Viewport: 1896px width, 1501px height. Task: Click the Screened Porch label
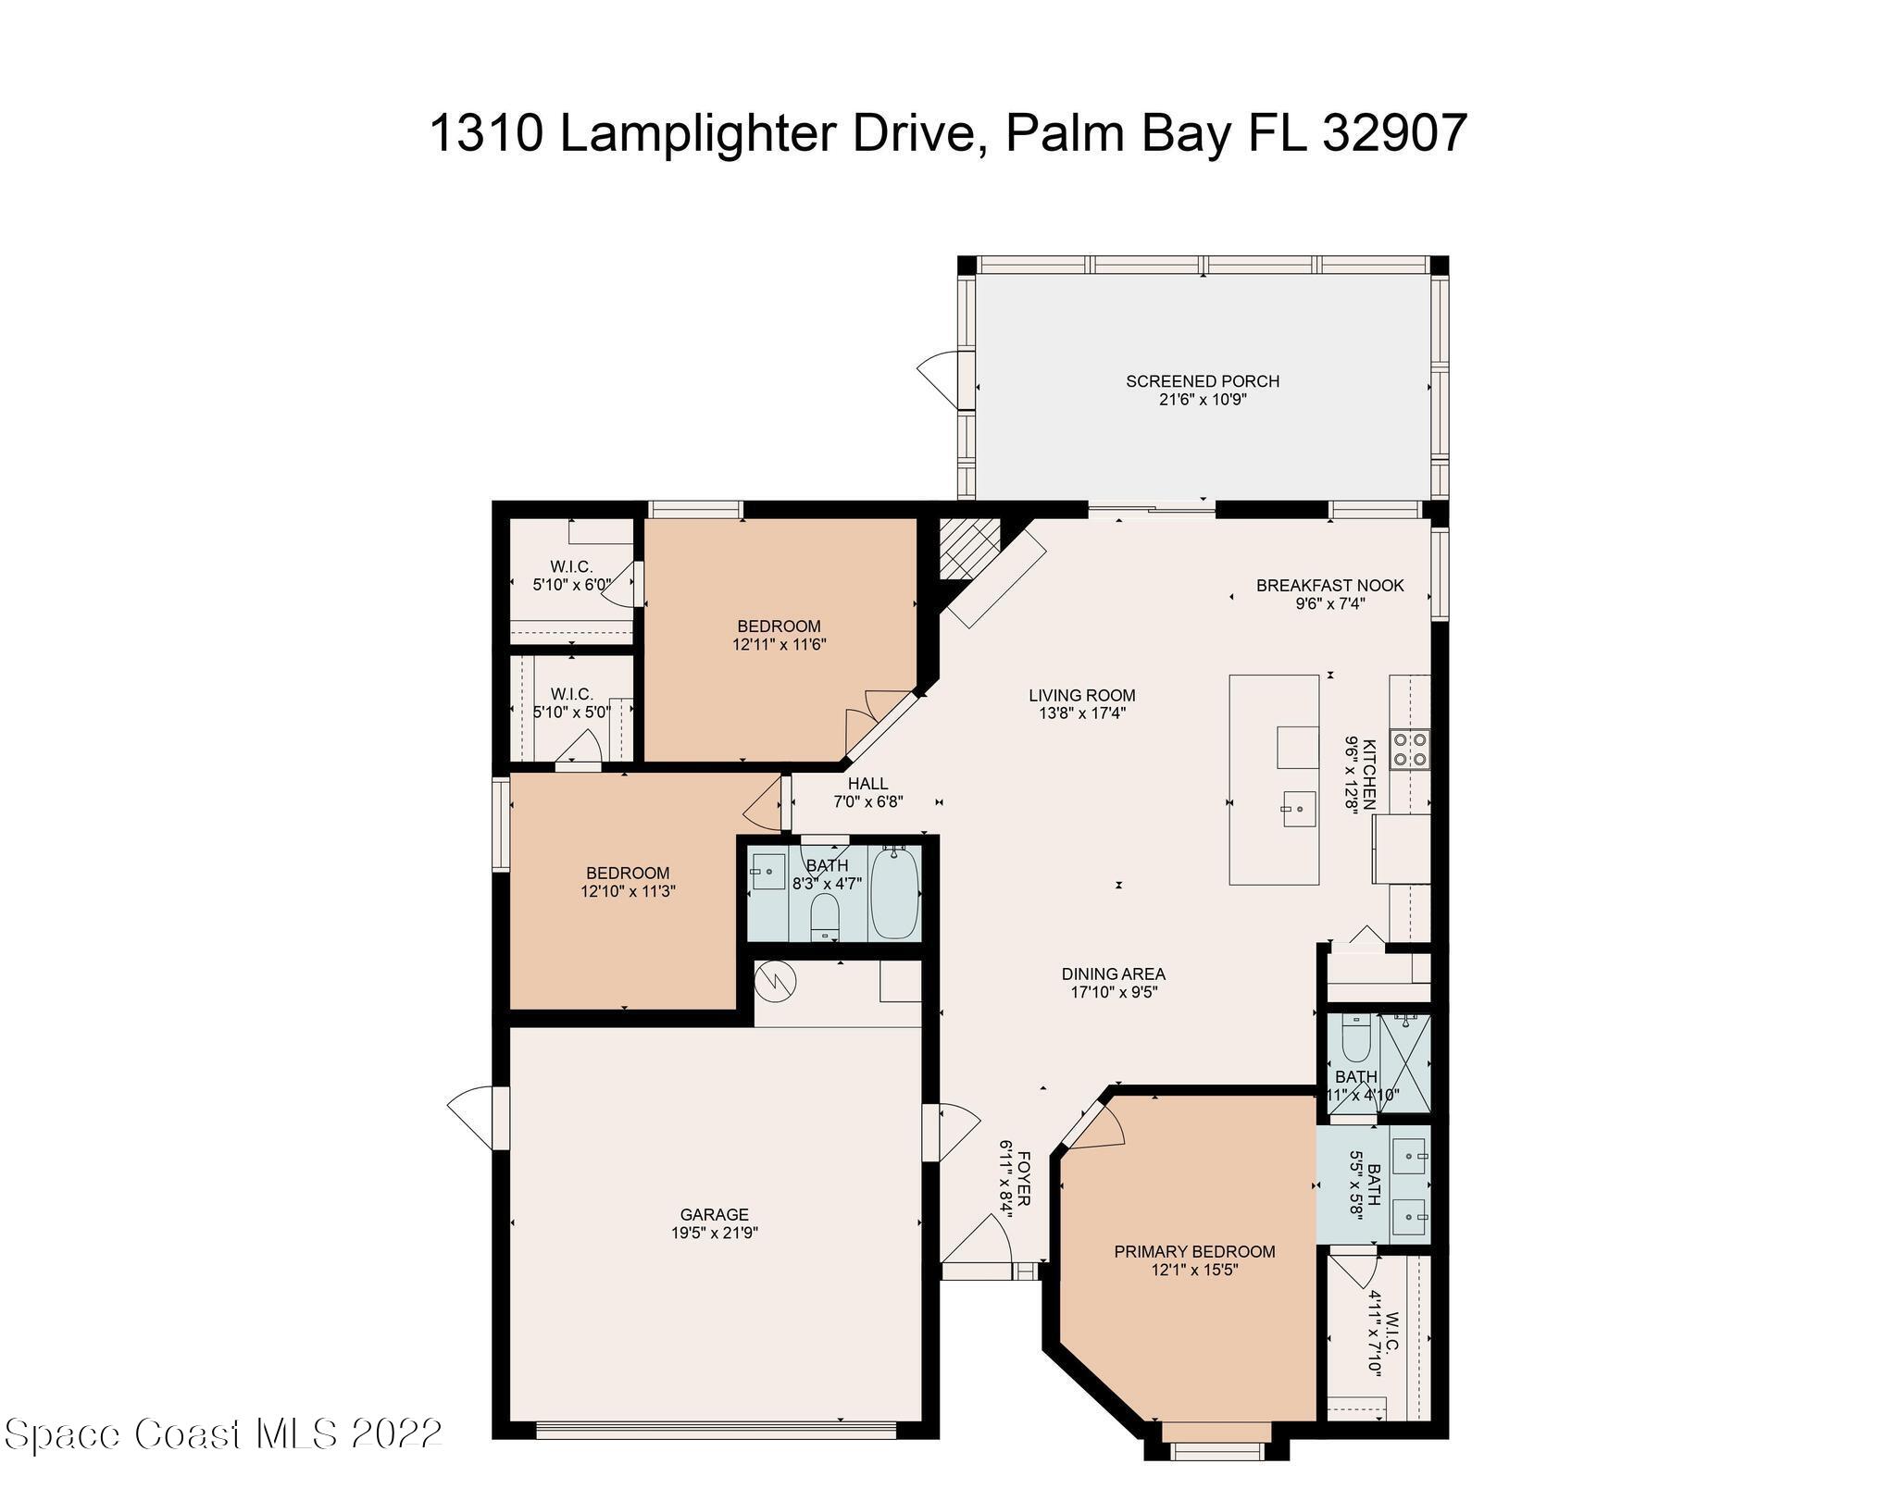point(1203,381)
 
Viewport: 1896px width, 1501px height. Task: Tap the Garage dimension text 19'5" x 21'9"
point(714,1233)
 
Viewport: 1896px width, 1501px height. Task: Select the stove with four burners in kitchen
point(1410,750)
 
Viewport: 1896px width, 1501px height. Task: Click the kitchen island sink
point(1298,809)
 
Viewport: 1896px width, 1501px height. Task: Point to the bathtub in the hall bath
point(894,894)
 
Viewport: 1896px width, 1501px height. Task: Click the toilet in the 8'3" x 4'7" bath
point(824,917)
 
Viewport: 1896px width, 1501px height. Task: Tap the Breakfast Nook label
point(1329,585)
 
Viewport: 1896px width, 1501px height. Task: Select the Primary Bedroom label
point(1194,1251)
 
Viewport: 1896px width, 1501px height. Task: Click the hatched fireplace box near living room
point(969,548)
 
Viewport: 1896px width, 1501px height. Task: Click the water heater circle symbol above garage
point(776,981)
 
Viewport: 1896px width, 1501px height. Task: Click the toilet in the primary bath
point(1355,1039)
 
